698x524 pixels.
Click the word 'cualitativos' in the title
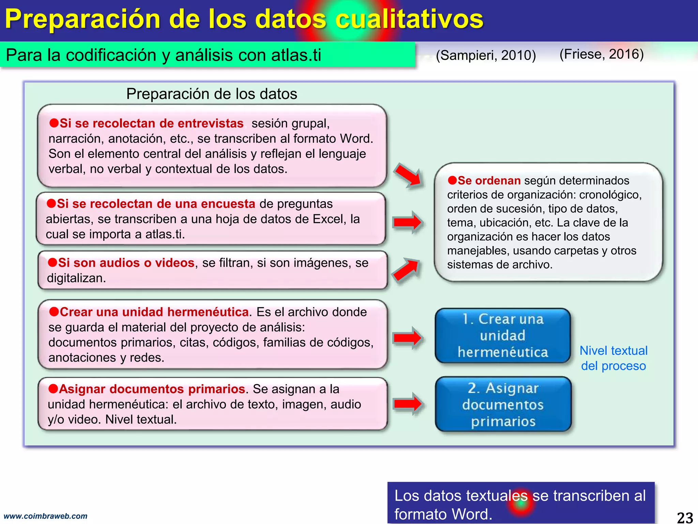[x=409, y=19]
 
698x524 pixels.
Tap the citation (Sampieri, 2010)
[x=486, y=55]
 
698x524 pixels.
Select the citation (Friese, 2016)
[x=602, y=54]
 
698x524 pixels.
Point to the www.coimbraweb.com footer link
[x=45, y=516]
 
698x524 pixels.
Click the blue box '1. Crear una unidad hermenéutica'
[x=503, y=336]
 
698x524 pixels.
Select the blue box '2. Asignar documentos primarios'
[x=503, y=404]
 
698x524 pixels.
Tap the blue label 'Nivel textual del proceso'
[x=613, y=358]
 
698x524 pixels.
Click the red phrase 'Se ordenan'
[x=489, y=180]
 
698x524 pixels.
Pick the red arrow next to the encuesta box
[x=407, y=222]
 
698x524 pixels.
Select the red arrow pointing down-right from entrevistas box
[x=408, y=175]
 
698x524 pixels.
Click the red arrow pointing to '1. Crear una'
[x=407, y=338]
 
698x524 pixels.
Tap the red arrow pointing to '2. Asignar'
[x=407, y=404]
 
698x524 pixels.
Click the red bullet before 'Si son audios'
[x=52, y=262]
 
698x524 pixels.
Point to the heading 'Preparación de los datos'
[x=211, y=94]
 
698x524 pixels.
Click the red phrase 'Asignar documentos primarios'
[x=152, y=389]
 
